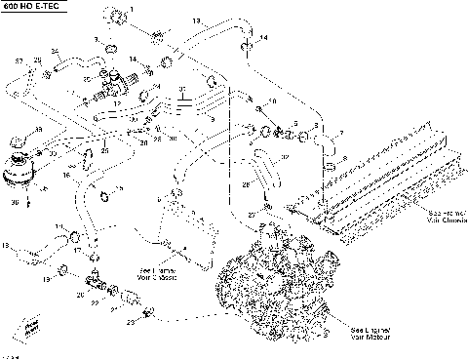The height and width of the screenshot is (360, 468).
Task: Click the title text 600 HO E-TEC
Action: point(30,7)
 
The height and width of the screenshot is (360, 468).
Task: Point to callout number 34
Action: point(54,51)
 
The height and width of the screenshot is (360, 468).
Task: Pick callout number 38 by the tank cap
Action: point(38,129)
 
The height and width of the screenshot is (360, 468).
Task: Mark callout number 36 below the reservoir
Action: point(16,202)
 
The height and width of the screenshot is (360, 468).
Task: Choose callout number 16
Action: point(66,176)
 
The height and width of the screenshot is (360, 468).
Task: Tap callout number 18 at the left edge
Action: point(5,244)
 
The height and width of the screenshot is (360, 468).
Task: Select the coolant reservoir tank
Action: point(19,165)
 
